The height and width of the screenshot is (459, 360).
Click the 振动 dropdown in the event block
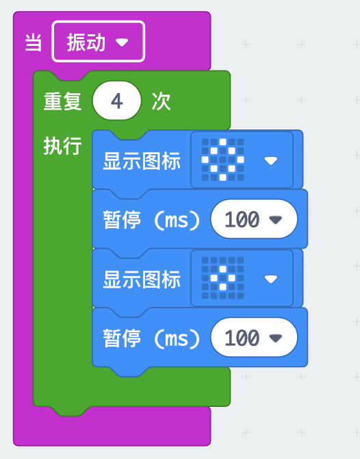[x=99, y=42]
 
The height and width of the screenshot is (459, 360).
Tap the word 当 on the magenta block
[x=33, y=42]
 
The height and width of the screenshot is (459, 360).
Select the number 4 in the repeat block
[x=116, y=101]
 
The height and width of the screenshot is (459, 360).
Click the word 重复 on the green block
[x=62, y=101]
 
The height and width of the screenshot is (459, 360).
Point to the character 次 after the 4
[x=161, y=101]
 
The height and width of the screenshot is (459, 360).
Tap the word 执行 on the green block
[x=62, y=145]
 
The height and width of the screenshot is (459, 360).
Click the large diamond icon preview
[x=223, y=160]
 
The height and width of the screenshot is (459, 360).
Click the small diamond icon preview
[x=223, y=278]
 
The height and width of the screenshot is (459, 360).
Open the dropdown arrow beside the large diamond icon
[x=270, y=160]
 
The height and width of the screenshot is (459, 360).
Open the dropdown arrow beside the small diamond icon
[x=270, y=279]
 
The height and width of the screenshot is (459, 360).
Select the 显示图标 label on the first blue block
[x=142, y=161]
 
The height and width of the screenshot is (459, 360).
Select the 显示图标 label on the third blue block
[x=142, y=280]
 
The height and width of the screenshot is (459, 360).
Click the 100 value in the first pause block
[x=242, y=219]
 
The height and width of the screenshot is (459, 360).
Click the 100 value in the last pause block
[x=242, y=338]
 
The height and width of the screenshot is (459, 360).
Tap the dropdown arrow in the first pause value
[x=276, y=219]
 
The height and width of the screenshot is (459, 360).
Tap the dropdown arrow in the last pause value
[x=276, y=338]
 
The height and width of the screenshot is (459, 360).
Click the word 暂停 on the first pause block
[x=122, y=219]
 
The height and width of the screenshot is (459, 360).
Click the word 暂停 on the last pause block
[x=122, y=338]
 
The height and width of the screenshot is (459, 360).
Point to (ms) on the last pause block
[x=177, y=338]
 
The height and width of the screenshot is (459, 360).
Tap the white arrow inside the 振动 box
[x=122, y=42]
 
